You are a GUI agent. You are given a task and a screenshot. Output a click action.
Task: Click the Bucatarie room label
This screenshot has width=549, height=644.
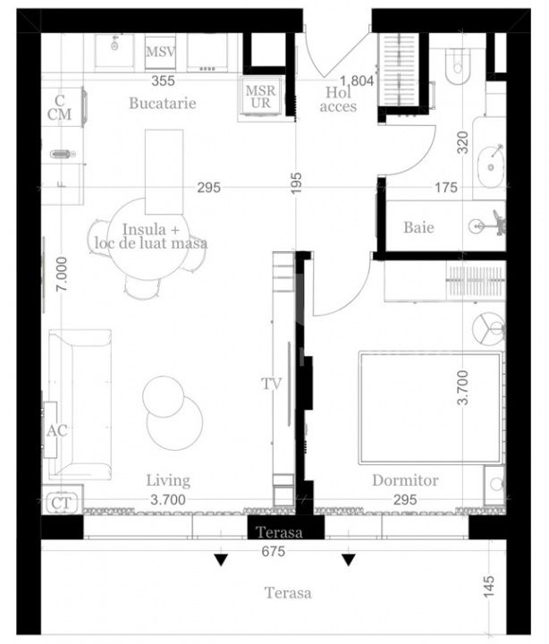(162, 103)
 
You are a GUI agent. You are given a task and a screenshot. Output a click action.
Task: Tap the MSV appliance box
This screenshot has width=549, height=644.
(160, 52)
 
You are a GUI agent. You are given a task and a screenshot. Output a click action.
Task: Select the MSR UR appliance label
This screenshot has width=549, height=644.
(261, 97)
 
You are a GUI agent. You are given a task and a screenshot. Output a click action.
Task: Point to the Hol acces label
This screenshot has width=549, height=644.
(338, 99)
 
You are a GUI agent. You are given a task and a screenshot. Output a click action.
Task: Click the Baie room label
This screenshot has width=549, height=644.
(418, 227)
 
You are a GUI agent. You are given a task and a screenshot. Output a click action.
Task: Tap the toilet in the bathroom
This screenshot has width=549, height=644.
(457, 65)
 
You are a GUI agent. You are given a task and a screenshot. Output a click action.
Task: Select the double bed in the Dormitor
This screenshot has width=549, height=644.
(432, 408)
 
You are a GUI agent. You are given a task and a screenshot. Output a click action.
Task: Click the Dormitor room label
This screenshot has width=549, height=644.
(405, 480)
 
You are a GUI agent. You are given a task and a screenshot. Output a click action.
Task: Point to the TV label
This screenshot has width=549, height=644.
(272, 384)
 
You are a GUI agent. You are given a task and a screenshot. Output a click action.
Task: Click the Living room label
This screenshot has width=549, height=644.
(168, 480)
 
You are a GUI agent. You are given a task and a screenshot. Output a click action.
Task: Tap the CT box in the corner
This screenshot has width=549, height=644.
(62, 502)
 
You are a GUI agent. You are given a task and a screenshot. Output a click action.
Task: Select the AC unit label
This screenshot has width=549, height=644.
(56, 430)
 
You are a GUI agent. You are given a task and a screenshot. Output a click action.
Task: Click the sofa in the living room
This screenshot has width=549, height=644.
(80, 404)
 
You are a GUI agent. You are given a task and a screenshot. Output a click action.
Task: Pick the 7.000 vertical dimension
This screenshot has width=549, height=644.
(62, 274)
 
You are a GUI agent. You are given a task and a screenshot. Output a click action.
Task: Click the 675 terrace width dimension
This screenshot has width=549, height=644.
(273, 551)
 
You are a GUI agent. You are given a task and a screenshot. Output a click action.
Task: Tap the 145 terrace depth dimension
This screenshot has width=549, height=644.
(488, 587)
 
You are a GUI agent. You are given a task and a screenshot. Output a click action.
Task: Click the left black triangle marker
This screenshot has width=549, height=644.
(221, 560)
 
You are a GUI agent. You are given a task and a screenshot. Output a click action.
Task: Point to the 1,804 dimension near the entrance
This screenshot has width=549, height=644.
(357, 80)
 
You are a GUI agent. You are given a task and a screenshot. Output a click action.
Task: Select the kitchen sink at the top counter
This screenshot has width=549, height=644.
(114, 51)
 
